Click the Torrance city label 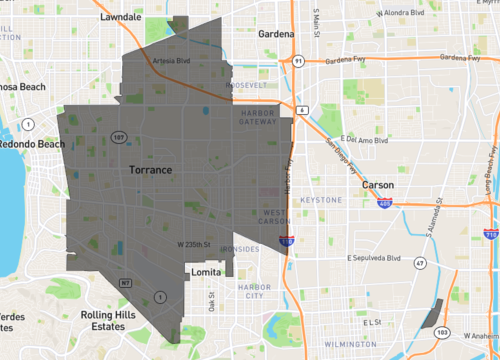click(x=150, y=171)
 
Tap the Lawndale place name click(x=120, y=18)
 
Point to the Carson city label click(x=378, y=186)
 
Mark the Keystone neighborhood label click(x=322, y=200)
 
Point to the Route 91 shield click(x=298, y=61)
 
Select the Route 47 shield click(x=421, y=263)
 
